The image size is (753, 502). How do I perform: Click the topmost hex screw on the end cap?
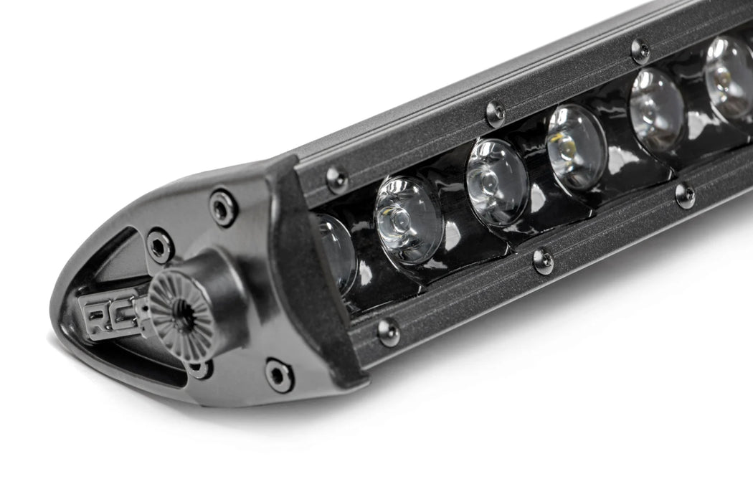coord(223,207)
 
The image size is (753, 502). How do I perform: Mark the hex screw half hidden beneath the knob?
coord(199,369)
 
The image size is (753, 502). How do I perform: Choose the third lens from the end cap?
coord(497,181)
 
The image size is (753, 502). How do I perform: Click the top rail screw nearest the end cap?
coord(337,180)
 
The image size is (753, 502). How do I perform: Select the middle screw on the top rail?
coord(495,113)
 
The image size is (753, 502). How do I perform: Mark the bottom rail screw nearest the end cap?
coord(389,332)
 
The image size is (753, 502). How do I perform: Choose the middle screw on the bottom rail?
coord(543,262)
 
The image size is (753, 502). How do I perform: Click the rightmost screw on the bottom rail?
coord(685,196)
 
